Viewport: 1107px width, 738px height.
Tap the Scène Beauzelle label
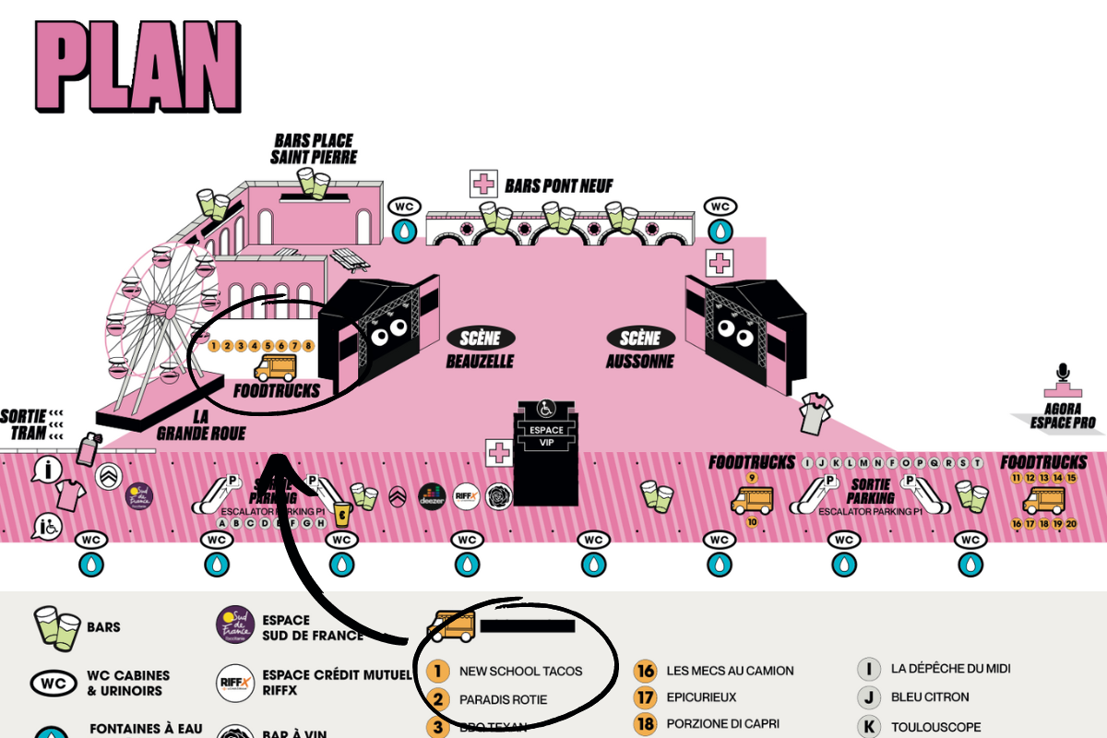point(480,349)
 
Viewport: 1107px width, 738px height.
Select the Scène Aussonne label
point(640,349)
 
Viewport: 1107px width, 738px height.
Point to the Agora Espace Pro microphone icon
point(1064,374)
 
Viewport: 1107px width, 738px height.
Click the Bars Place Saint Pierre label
point(314,149)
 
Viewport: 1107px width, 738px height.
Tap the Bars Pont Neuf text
point(559,186)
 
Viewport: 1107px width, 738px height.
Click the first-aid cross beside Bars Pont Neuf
point(483,184)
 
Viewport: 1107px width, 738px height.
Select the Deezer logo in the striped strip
point(432,496)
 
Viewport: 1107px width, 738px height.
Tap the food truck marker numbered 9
point(752,477)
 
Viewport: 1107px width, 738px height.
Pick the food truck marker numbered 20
point(1071,524)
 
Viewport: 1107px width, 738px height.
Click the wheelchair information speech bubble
point(46,528)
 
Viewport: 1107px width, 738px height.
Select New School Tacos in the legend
point(520,671)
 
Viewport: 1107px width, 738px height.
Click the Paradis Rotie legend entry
point(503,699)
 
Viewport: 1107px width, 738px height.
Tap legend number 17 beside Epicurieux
point(646,698)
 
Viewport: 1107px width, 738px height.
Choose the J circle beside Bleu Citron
point(868,697)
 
